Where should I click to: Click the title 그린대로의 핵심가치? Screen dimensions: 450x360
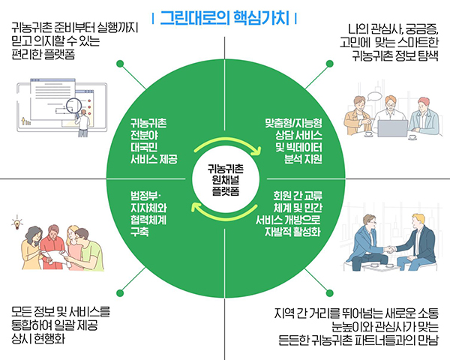coord(224,18)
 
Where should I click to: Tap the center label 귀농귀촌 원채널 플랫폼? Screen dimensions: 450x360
coord(226,180)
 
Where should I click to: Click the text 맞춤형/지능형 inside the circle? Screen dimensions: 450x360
coord(293,123)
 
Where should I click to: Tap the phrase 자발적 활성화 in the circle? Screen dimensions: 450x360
coord(292,232)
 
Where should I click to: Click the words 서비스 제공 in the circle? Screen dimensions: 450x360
coord(154,159)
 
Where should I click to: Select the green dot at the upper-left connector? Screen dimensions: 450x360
coord(120,64)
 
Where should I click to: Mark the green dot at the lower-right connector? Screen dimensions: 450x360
coord(330,292)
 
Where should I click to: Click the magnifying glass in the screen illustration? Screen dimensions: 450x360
coord(73,106)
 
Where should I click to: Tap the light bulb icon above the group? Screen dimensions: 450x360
coord(17,223)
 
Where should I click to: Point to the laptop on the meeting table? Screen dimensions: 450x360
coord(392,128)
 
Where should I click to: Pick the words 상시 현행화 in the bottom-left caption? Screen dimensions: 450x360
coord(38,339)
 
